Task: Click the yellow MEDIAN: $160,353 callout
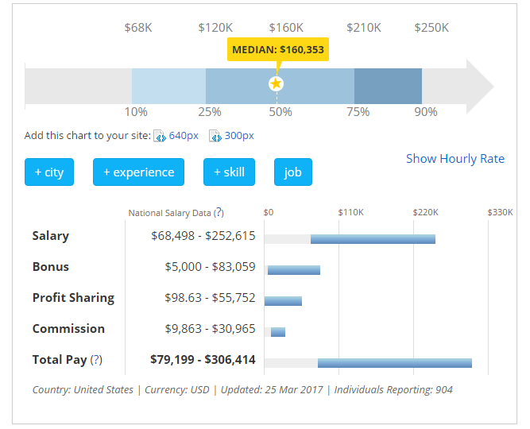277,49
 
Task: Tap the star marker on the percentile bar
276,83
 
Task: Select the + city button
49,172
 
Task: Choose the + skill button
229,172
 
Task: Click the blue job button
293,172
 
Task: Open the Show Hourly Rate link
455,158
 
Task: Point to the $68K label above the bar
138,28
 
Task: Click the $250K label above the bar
431,28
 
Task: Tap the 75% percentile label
358,112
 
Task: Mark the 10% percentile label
136,112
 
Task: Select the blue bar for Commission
278,331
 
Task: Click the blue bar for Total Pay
395,362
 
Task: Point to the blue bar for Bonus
294,269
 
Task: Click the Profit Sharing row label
73,298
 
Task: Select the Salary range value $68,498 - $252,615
203,236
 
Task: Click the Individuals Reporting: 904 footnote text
393,390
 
